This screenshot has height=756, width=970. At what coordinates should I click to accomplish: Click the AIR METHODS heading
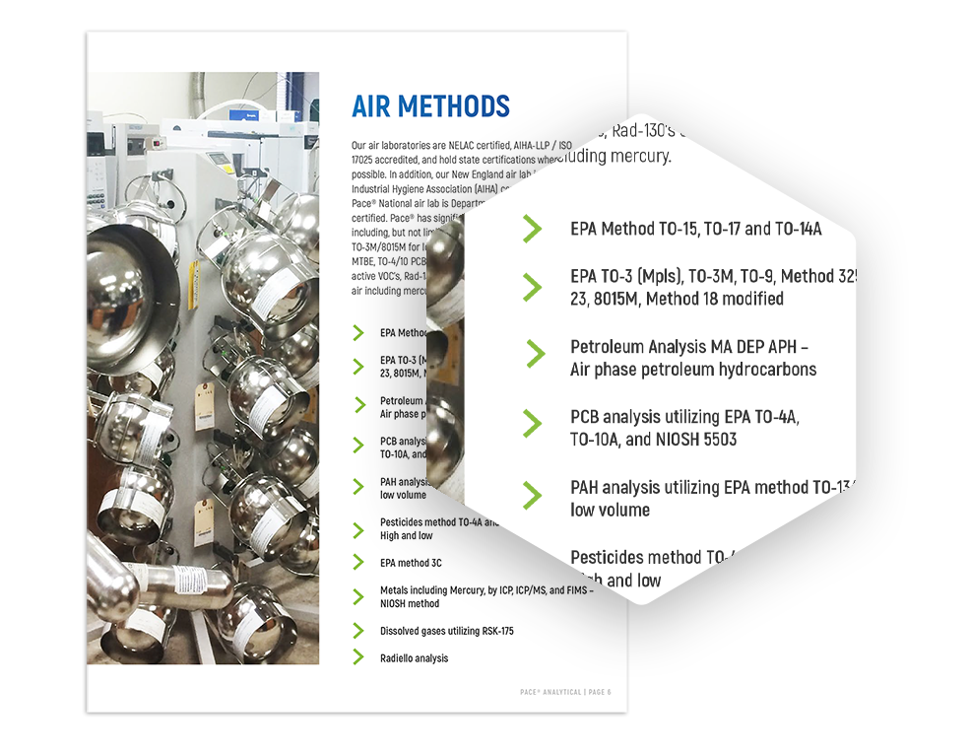click(x=430, y=106)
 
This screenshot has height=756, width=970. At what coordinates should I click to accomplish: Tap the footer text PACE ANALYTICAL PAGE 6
click(x=565, y=692)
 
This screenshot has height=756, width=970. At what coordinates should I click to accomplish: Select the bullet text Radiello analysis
click(x=414, y=658)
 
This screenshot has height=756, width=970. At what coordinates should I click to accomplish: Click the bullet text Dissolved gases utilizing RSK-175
click(x=446, y=631)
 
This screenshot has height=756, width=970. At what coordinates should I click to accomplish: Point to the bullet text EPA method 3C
click(x=411, y=563)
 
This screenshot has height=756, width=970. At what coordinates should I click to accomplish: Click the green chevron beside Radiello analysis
click(x=358, y=657)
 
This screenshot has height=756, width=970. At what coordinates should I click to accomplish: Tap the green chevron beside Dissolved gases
click(x=358, y=631)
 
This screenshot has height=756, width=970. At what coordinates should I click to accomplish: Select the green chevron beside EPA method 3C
click(x=358, y=563)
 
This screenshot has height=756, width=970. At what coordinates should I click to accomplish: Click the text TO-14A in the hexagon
click(x=798, y=229)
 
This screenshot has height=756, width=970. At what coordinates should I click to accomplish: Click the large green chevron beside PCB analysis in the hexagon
click(x=532, y=424)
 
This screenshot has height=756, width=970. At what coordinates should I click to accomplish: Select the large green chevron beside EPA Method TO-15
click(x=532, y=229)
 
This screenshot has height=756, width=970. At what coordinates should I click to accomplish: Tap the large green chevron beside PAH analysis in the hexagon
click(x=532, y=495)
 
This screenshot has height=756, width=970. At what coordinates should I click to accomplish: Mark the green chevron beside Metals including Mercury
click(x=358, y=595)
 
